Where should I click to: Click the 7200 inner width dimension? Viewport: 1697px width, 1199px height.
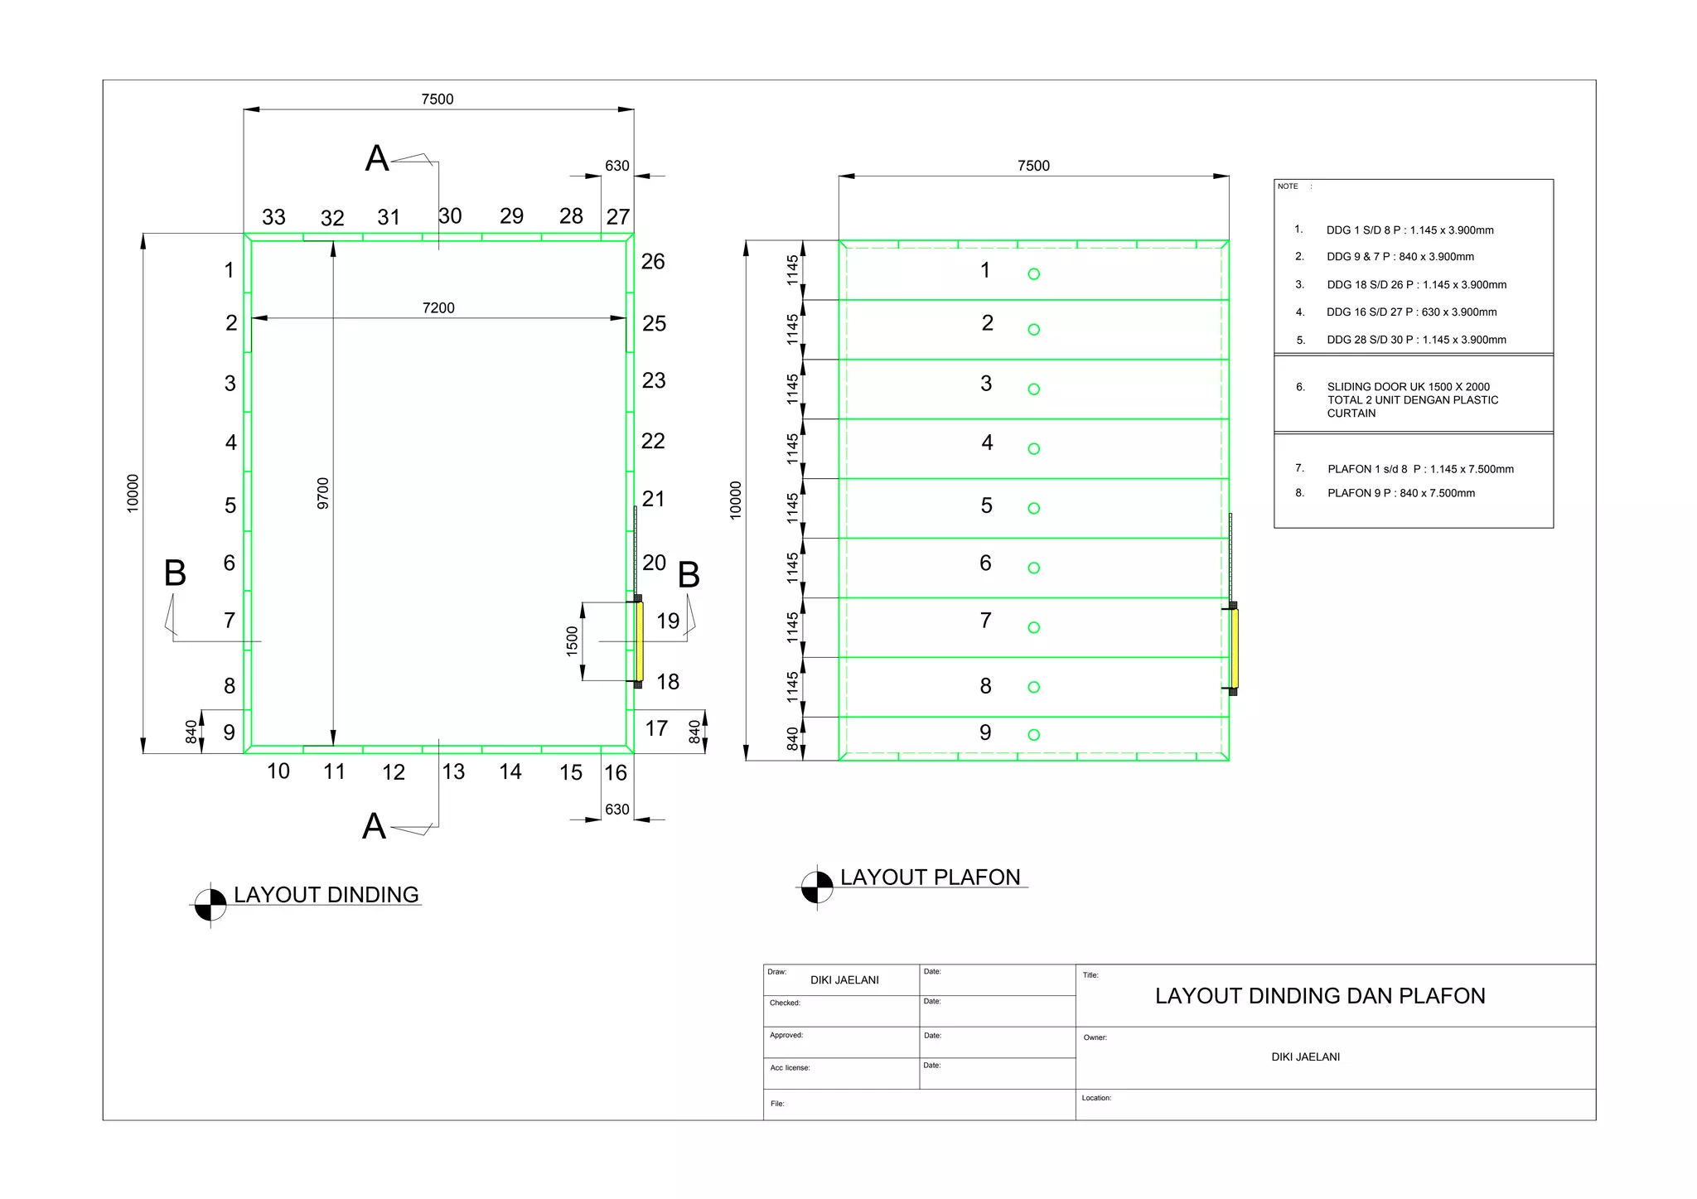coord(438,308)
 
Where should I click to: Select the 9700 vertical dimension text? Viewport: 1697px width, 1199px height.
coord(323,494)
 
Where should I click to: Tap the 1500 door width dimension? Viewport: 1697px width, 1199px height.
coord(572,641)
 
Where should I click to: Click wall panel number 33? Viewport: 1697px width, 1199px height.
coord(273,217)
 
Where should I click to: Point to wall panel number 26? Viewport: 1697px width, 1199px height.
coord(653,262)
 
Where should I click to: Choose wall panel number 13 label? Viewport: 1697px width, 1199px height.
coord(453,772)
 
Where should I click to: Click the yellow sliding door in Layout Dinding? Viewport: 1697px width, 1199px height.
coord(640,641)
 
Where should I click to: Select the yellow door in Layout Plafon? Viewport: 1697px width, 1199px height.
coord(1235,649)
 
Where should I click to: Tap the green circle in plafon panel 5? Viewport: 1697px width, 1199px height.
coord(1033,509)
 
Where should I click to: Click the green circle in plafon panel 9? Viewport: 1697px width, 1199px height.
coord(1033,735)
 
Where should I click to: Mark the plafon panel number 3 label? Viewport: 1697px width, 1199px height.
coord(986,384)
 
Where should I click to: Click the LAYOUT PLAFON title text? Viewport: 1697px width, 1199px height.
coord(930,877)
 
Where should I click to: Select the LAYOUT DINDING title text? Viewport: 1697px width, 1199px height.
coord(326,895)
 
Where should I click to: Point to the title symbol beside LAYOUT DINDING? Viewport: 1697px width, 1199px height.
coord(210,905)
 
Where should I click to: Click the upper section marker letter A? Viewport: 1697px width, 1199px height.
coord(377,158)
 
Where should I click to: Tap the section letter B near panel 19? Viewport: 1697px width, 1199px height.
coord(689,575)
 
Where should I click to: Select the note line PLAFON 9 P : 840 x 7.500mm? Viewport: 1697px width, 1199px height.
coord(1400,493)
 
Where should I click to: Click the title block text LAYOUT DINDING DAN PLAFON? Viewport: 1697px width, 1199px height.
coord(1320,996)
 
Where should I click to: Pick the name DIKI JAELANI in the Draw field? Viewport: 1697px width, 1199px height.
coord(844,980)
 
